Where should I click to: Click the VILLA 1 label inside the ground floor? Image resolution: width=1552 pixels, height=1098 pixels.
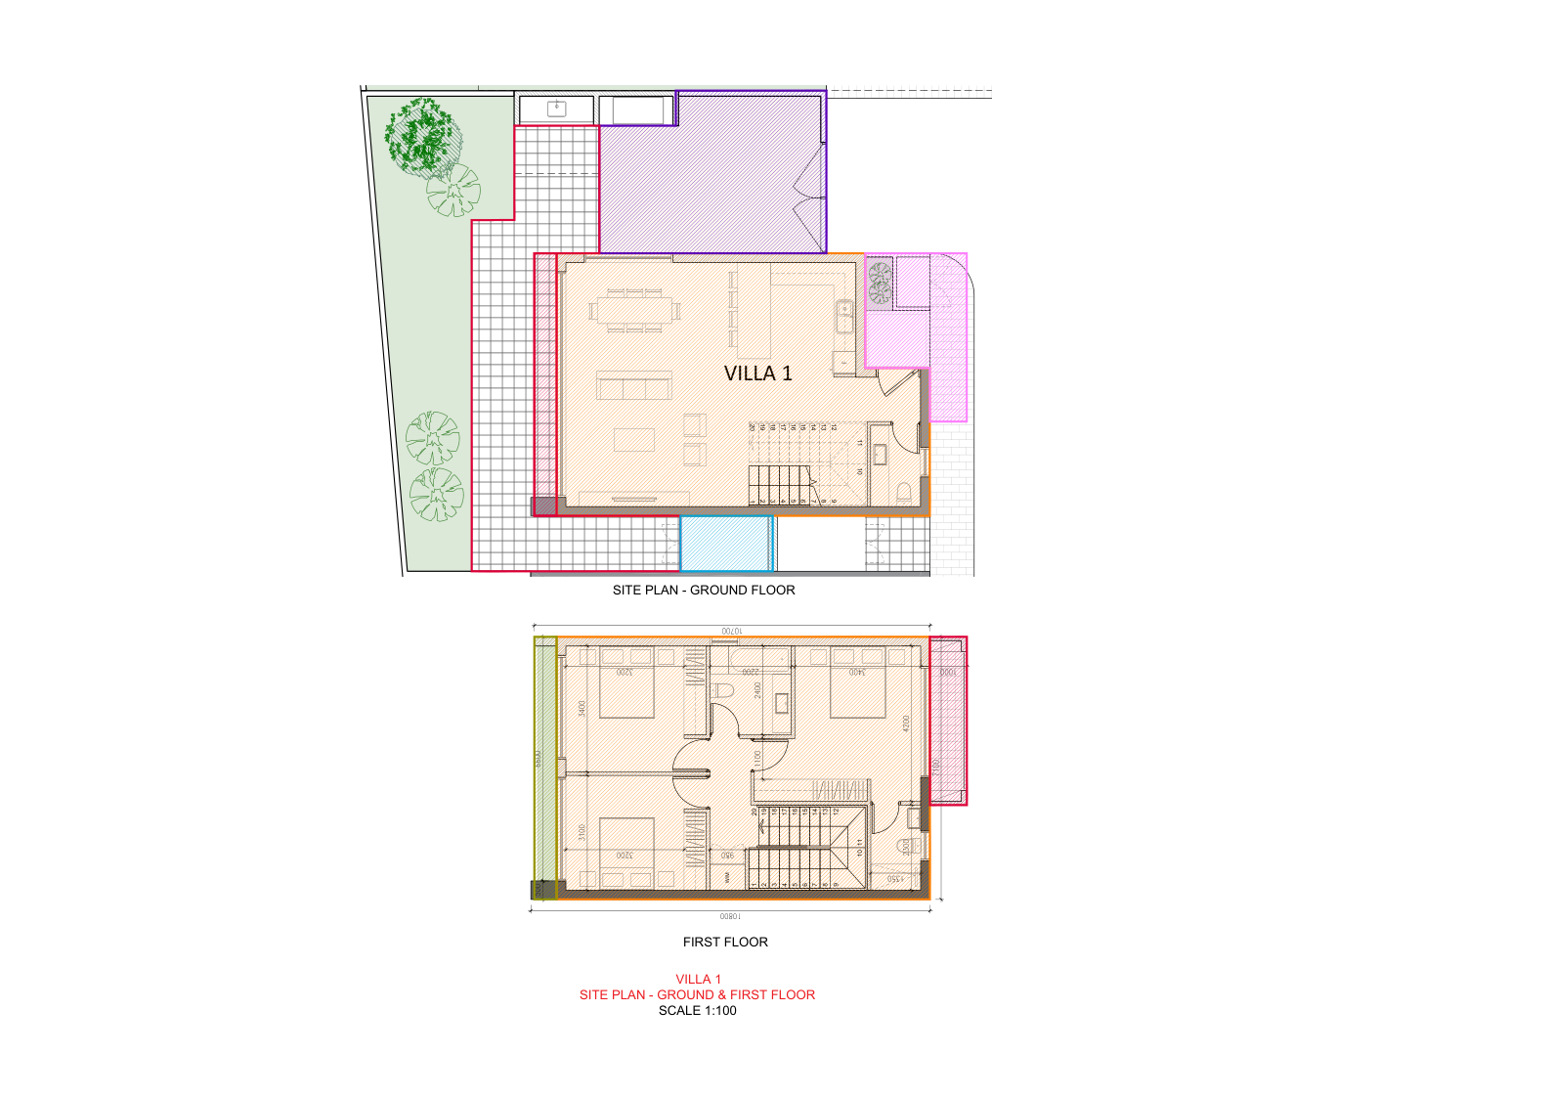(x=757, y=373)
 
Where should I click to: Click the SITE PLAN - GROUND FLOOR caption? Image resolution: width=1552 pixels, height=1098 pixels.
(x=703, y=591)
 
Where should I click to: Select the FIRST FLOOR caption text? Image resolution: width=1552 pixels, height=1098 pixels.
(x=725, y=943)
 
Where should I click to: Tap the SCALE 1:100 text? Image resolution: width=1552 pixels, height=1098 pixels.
(x=697, y=1011)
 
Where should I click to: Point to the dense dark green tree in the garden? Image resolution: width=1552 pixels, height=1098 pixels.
(x=422, y=133)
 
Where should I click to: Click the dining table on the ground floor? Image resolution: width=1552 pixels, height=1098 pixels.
(x=634, y=311)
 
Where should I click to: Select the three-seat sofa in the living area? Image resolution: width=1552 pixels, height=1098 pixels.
(x=633, y=385)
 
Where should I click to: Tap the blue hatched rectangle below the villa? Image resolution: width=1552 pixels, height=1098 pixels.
(x=726, y=544)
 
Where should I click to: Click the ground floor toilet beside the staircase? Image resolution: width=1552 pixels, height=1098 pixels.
(x=904, y=492)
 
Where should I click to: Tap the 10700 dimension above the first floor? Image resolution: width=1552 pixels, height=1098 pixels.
(x=731, y=632)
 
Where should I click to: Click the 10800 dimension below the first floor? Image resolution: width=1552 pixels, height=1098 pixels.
(x=730, y=917)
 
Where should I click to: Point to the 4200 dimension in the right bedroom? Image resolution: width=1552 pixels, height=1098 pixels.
(x=906, y=724)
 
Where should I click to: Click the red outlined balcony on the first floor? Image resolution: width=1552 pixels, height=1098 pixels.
(x=947, y=722)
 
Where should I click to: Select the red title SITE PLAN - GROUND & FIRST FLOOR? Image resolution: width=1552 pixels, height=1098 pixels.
(x=697, y=995)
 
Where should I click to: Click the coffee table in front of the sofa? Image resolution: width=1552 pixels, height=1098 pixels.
(x=633, y=439)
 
